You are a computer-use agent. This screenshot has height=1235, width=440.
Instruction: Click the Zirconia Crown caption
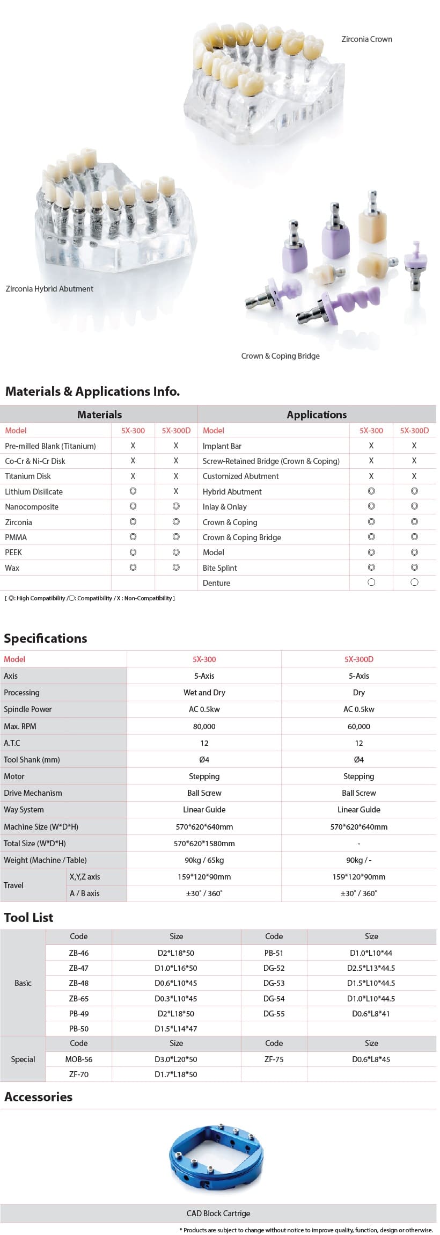pos(366,39)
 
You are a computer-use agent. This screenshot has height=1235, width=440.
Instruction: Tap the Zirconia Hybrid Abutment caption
pos(49,289)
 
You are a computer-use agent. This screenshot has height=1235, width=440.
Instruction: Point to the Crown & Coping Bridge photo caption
pos(280,356)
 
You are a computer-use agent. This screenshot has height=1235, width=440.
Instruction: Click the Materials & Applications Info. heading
pos(92,391)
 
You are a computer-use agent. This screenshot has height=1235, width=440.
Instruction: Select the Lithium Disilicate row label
pos(34,491)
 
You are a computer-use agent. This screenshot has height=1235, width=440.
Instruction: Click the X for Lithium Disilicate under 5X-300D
pos(176,491)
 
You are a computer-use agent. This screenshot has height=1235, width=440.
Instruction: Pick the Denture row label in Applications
pos(216,583)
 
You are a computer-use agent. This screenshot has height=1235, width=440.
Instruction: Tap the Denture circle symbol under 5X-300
pos(371,583)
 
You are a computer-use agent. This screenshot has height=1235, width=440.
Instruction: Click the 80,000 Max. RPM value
pos(204,726)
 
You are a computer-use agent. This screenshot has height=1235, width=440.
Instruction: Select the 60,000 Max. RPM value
pos(359,726)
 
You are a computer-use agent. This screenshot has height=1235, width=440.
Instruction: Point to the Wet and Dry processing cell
pos(204,693)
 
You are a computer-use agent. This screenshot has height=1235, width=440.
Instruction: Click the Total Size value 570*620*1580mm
pos(204,843)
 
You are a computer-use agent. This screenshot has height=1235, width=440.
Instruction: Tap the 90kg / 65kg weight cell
pos(204,860)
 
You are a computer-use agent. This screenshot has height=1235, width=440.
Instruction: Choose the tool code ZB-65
pos(79,998)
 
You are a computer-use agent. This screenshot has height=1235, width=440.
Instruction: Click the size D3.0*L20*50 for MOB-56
pos(176,1059)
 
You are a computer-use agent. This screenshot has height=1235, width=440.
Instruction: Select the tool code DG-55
pos(274,1013)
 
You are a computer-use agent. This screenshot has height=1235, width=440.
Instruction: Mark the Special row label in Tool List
pos(23,1059)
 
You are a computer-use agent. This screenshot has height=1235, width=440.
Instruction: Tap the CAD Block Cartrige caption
pos(218,1213)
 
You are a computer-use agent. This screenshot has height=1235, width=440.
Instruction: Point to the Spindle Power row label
pos(28,709)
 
